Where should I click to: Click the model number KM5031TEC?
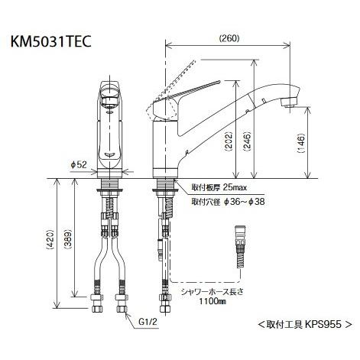[x=52, y=43]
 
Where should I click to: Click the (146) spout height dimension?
[x=301, y=141]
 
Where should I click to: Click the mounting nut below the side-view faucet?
[x=164, y=188]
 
